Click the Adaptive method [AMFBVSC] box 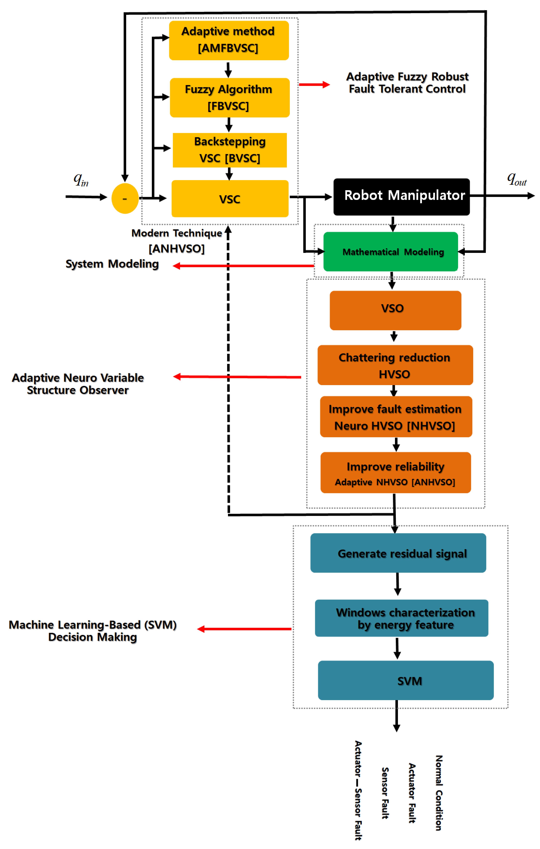[x=228, y=40]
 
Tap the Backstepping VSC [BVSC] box [x=230, y=150]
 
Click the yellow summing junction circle [x=125, y=199]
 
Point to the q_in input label [x=81, y=179]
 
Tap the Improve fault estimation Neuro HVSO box [x=396, y=417]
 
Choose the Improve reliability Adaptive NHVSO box [x=395, y=473]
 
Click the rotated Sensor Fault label [x=385, y=793]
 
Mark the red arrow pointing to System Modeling [x=243, y=266]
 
